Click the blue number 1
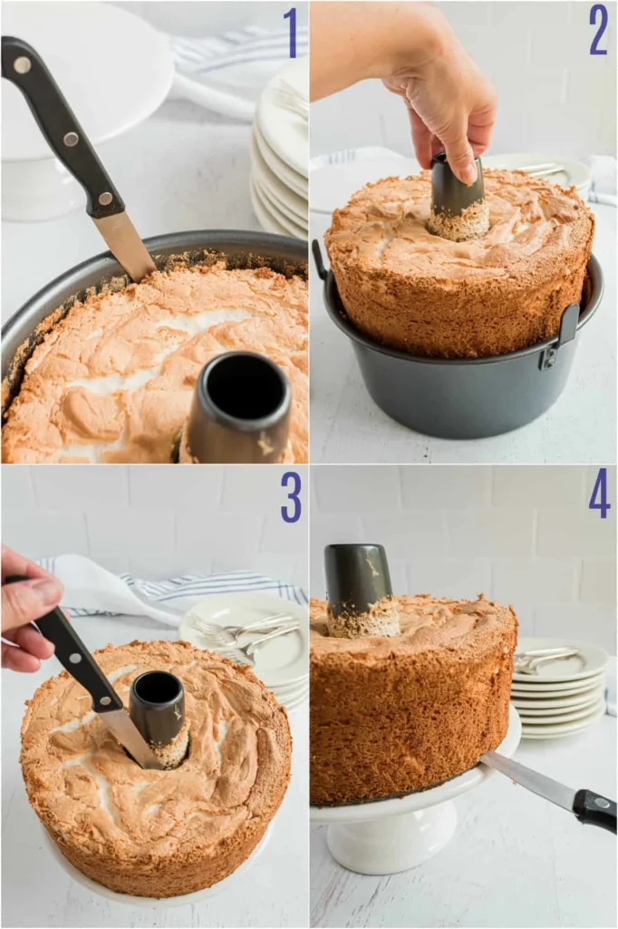pos(290,33)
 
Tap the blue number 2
pos(598,30)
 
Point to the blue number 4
pos(599,494)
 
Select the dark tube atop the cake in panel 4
pos(359,581)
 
